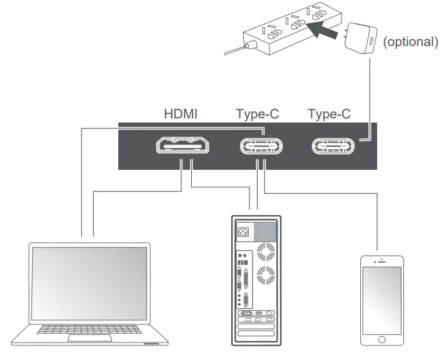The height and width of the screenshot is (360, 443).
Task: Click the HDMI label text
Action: click(180, 114)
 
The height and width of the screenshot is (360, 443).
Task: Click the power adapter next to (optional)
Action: click(361, 39)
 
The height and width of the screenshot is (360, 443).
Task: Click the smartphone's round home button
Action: click(382, 339)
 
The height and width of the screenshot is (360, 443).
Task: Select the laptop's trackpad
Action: click(90, 338)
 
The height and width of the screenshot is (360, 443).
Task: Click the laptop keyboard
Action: click(90, 329)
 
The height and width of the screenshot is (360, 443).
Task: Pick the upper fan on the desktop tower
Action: click(266, 252)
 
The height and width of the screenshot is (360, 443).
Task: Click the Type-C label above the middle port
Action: click(258, 114)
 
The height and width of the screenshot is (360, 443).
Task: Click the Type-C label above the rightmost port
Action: click(329, 114)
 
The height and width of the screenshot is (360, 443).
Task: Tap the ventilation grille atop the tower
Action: click(266, 231)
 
